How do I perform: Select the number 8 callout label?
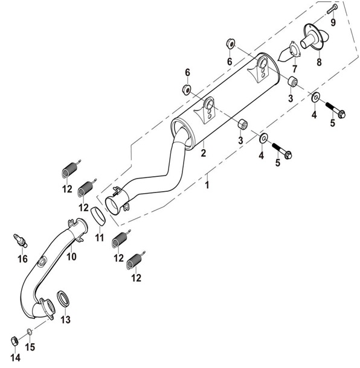[319, 62]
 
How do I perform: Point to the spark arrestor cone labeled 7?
[289, 51]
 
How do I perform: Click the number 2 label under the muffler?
[204, 153]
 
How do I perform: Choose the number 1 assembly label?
[207, 185]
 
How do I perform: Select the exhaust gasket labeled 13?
[63, 299]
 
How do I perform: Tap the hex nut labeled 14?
[14, 341]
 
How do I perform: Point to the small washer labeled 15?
[30, 331]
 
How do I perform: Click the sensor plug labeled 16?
[21, 240]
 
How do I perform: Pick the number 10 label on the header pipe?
[71, 256]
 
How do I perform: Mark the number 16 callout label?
[22, 259]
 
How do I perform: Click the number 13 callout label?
[66, 319]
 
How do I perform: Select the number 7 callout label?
[294, 69]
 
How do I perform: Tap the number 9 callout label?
[333, 22]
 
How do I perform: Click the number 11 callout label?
[100, 238]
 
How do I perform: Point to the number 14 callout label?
[15, 358]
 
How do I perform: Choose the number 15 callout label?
[30, 347]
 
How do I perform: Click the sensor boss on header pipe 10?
[42, 261]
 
